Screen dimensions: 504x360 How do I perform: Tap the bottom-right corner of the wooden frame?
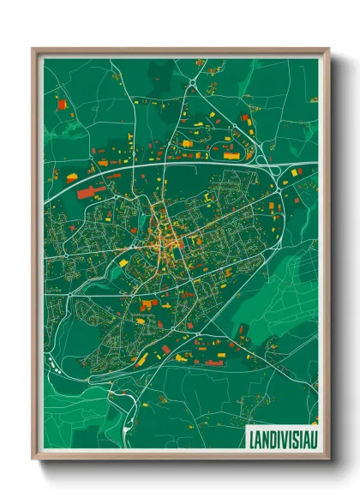coord(328,460)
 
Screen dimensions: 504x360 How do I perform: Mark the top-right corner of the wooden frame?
coord(328,49)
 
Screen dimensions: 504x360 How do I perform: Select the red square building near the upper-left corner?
coord(61,105)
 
